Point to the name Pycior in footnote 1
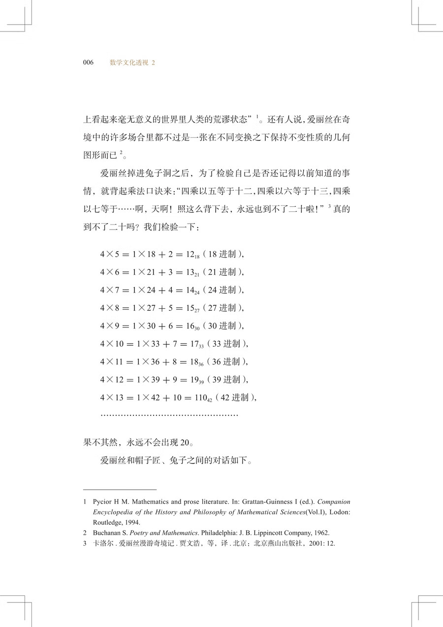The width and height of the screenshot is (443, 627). tap(103, 502)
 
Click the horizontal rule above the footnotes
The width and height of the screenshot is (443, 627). tap(120, 490)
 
